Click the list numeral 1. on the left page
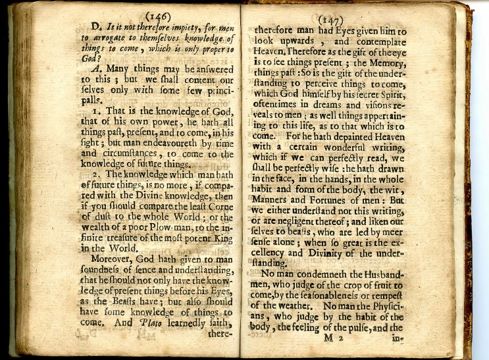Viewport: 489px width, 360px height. click(x=96, y=113)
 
